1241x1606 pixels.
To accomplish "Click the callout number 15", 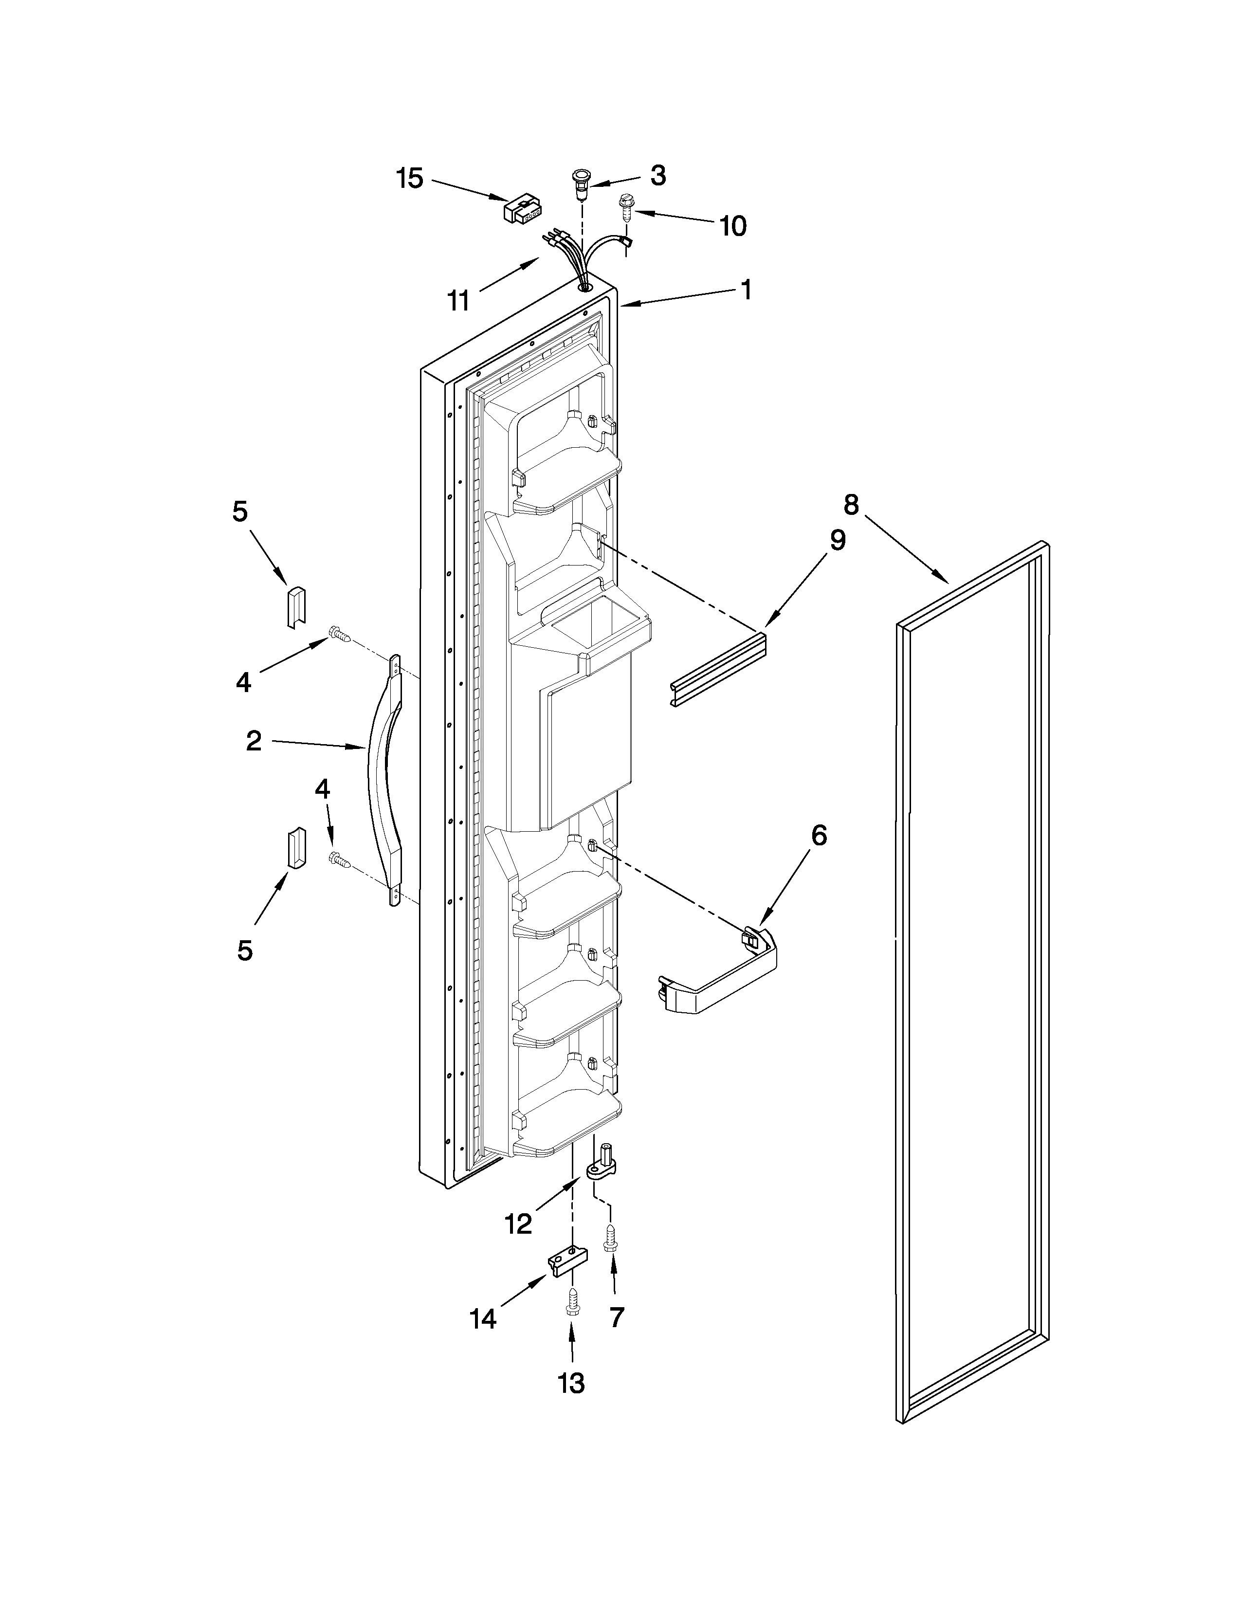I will tap(410, 178).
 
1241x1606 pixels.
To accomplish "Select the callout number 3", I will tap(658, 175).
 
